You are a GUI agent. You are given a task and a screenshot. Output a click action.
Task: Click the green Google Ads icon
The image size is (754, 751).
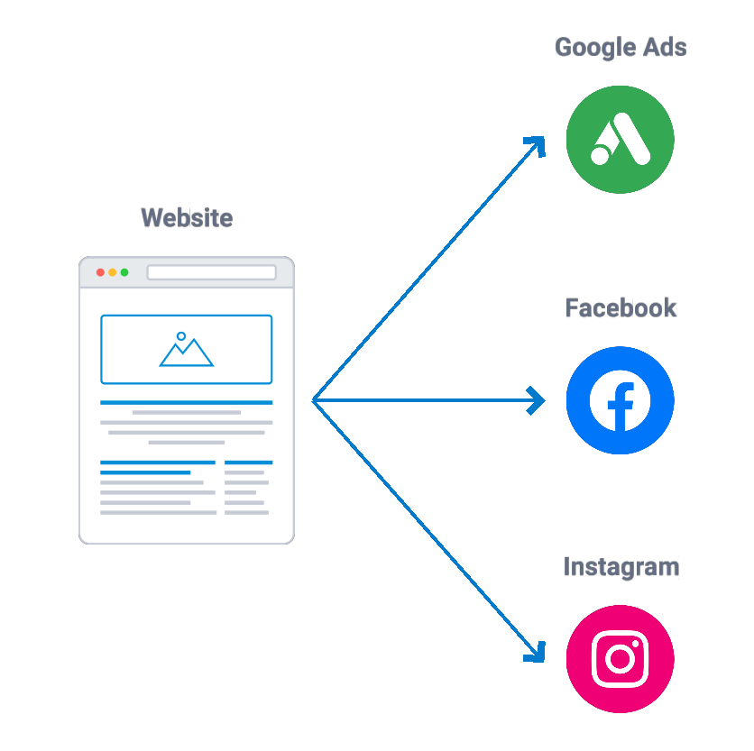(621, 140)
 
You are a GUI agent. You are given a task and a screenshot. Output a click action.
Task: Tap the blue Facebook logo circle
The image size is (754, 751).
(621, 400)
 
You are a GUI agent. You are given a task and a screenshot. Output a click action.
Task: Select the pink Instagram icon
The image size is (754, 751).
(621, 659)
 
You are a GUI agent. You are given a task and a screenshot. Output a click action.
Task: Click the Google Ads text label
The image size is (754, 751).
(621, 48)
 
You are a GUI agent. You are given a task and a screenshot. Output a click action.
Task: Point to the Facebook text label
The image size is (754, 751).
(621, 308)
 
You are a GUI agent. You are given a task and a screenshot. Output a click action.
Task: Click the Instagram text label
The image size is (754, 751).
(621, 567)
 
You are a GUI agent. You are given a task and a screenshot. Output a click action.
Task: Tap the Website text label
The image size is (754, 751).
(187, 218)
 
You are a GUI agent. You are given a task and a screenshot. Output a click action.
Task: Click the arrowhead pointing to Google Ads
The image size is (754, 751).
(538, 145)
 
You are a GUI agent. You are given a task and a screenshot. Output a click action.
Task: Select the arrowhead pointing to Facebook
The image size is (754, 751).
(538, 400)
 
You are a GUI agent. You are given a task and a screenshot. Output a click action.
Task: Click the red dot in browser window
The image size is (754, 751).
(100, 272)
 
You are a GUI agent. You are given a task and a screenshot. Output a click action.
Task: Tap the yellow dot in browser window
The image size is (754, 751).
(113, 272)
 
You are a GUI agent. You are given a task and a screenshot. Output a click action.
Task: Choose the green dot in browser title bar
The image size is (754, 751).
(124, 272)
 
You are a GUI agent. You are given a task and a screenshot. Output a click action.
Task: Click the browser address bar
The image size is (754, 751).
(212, 272)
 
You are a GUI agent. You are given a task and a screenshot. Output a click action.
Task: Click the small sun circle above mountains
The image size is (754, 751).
(181, 336)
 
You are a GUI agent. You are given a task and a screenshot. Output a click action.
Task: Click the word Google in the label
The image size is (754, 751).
(596, 48)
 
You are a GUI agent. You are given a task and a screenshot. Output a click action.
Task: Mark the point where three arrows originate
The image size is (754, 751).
(313, 400)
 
